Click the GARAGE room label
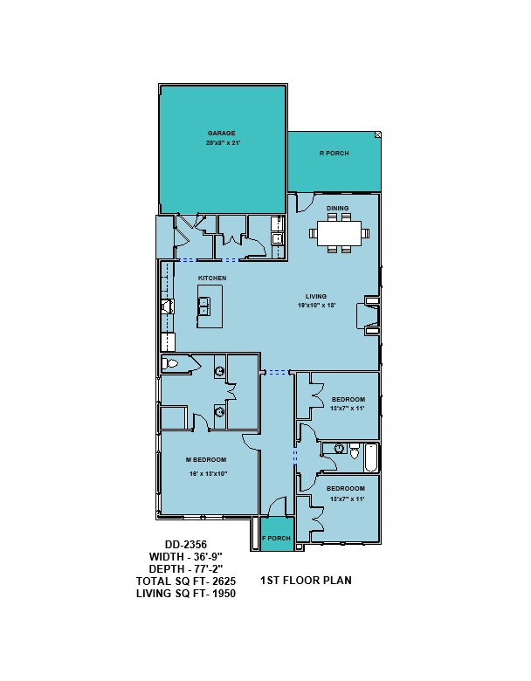[x=221, y=133]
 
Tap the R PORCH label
[x=334, y=153]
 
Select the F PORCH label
[x=276, y=538]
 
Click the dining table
[x=340, y=233]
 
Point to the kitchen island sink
[x=203, y=306]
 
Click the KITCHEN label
[x=212, y=278]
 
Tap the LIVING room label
[x=316, y=296]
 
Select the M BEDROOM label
[x=206, y=459]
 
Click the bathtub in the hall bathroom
[x=370, y=457]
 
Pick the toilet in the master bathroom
[x=170, y=363]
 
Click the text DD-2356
[x=185, y=544]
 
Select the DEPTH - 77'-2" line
[x=185, y=568]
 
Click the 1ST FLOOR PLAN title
[x=306, y=581]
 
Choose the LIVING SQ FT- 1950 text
[x=186, y=594]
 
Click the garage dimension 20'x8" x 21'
[x=223, y=142]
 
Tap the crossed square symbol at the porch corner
[x=377, y=135]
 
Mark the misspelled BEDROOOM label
[x=346, y=489]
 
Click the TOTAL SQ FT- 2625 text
[x=186, y=581]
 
